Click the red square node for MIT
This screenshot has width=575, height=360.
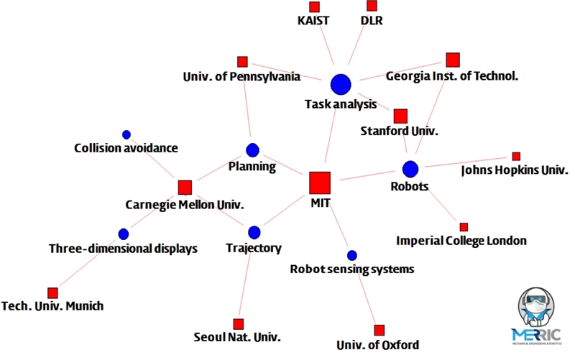click(319, 183)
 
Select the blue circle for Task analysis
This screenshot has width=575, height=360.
click(340, 84)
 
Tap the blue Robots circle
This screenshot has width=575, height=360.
click(410, 169)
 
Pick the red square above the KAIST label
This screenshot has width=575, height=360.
click(314, 6)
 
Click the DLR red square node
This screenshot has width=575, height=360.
click(371, 6)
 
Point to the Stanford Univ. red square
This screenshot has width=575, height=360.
click(400, 116)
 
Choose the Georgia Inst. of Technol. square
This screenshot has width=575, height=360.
click(452, 60)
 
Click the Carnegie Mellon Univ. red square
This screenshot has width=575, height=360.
click(185, 188)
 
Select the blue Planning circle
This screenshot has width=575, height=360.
click(252, 150)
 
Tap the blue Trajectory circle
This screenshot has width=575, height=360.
click(253, 233)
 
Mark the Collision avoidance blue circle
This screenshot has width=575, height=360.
click(126, 134)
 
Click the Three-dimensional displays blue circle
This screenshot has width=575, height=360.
click(123, 234)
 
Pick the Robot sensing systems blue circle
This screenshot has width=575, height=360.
click(351, 255)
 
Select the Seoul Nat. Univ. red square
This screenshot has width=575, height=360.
click(238, 323)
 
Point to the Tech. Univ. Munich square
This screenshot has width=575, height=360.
click(52, 292)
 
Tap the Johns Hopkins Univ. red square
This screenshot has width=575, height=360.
click(516, 156)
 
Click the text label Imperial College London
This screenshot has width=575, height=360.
click(461, 241)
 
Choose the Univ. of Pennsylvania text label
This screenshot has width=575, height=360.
click(241, 76)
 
